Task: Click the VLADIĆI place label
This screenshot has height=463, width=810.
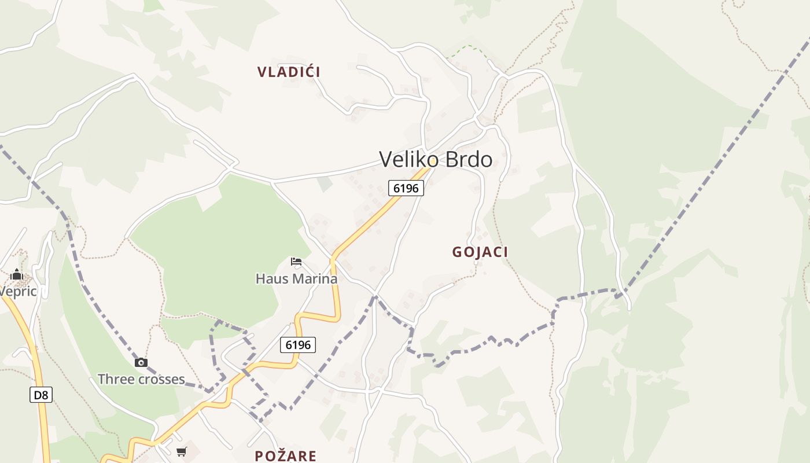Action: point(289,72)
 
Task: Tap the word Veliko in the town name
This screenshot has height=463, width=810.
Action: point(406,159)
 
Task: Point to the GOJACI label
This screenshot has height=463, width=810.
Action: point(480,252)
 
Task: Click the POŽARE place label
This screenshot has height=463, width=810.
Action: point(286,456)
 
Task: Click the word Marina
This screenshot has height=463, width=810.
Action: point(315,278)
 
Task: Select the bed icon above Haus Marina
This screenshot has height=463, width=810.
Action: point(296,262)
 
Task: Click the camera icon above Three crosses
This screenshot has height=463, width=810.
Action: point(141,363)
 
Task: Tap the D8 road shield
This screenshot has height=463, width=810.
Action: point(41,395)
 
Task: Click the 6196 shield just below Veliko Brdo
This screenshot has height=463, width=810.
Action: point(406,188)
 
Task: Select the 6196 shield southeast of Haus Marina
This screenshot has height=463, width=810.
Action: point(298,345)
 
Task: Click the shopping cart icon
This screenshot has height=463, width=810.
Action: point(182,451)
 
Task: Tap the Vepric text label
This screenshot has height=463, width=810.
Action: point(18,291)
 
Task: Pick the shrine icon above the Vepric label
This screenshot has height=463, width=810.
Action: point(16,274)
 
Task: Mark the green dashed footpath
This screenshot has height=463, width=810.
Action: point(469,48)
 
